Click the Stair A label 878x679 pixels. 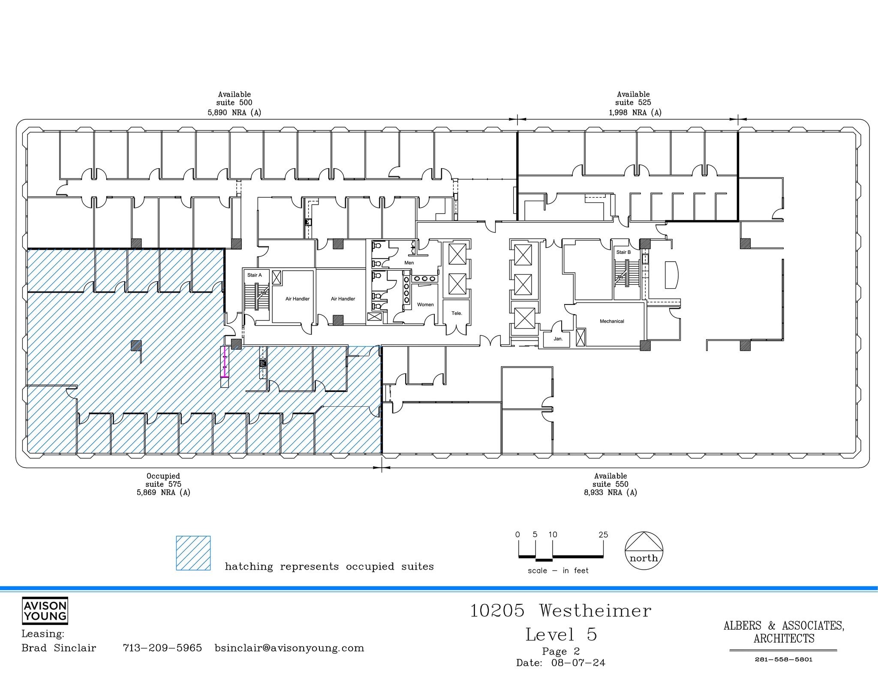pyautogui.click(x=254, y=275)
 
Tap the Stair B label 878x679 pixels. pyautogui.click(x=623, y=252)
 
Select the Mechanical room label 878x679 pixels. pyautogui.click(x=612, y=321)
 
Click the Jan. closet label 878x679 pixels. pyautogui.click(x=558, y=339)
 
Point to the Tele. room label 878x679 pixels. pyautogui.click(x=457, y=313)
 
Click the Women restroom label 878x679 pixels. pyautogui.click(x=425, y=305)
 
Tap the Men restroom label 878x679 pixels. pyautogui.click(x=409, y=263)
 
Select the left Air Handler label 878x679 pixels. pyautogui.click(x=298, y=299)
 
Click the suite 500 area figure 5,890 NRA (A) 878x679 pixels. pyautogui.click(x=234, y=113)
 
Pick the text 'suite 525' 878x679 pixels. pyautogui.click(x=633, y=103)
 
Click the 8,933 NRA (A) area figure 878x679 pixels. pyautogui.click(x=610, y=493)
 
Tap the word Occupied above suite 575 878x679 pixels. pyautogui.click(x=163, y=476)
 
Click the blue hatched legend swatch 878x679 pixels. pyautogui.click(x=193, y=553)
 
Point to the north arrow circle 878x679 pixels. pyautogui.click(x=644, y=551)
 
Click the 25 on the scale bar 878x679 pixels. pyautogui.click(x=603, y=535)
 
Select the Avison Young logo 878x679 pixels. pyautogui.click(x=45, y=611)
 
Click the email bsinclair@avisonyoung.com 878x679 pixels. pyautogui.click(x=289, y=648)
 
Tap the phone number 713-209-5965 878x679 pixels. pyautogui.click(x=162, y=648)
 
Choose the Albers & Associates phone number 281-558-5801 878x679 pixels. pyautogui.click(x=783, y=660)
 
